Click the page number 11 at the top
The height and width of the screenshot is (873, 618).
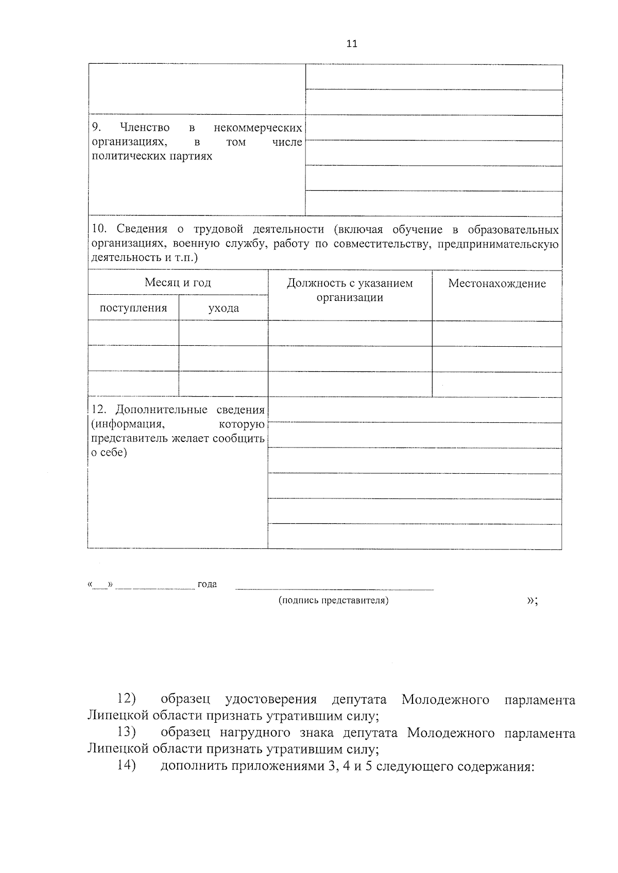click(352, 44)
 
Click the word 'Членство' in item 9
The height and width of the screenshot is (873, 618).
click(145, 127)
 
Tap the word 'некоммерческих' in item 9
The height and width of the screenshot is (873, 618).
click(257, 127)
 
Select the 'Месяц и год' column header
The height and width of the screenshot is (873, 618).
click(178, 282)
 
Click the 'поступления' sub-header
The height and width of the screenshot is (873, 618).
click(133, 308)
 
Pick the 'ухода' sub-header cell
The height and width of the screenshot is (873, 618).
click(224, 308)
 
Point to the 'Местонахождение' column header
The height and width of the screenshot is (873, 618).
click(497, 283)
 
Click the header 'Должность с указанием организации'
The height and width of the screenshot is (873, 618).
click(350, 290)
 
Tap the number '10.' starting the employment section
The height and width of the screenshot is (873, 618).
click(100, 229)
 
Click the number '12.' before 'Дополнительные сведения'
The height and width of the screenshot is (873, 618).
click(99, 409)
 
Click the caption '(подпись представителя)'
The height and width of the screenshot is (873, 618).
click(333, 600)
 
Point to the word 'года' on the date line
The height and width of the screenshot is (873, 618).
click(207, 584)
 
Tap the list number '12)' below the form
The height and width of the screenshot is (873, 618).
click(126, 699)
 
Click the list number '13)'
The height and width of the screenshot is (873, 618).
click(126, 733)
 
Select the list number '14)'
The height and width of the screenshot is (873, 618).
click(126, 765)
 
